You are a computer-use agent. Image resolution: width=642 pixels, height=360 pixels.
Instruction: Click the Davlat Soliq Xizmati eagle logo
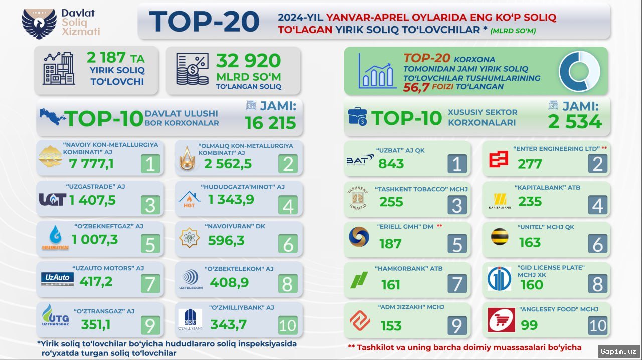pyautogui.click(x=39, y=24)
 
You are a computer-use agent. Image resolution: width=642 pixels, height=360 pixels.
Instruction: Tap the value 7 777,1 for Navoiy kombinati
pyautogui.click(x=91, y=164)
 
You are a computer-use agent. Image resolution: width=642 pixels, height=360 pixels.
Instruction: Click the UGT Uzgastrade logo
pyautogui.click(x=52, y=200)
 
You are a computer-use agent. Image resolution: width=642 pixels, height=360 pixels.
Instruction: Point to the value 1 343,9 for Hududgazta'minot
pyautogui.click(x=231, y=200)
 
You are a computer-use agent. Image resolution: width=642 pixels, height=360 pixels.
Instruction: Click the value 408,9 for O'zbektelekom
pyautogui.click(x=229, y=282)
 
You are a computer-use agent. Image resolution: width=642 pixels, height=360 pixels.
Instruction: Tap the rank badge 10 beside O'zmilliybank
pyautogui.click(x=287, y=325)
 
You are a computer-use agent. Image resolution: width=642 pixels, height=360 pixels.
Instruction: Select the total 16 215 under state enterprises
pyautogui.click(x=270, y=123)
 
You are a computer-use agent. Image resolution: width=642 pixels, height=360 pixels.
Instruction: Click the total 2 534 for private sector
pyautogui.click(x=575, y=122)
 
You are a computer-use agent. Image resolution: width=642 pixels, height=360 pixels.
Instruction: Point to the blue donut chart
pyautogui.click(x=580, y=71)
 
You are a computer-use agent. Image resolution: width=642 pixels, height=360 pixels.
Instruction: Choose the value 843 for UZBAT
pyautogui.click(x=391, y=164)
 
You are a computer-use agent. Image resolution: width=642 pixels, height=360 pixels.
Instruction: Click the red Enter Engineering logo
pyautogui.click(x=499, y=159)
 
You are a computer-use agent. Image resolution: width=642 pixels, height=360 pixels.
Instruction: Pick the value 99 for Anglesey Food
pyautogui.click(x=529, y=325)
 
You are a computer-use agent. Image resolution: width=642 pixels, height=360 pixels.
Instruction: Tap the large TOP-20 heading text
pyautogui.click(x=205, y=21)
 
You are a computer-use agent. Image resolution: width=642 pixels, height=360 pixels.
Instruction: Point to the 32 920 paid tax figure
pyautogui.click(x=248, y=61)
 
